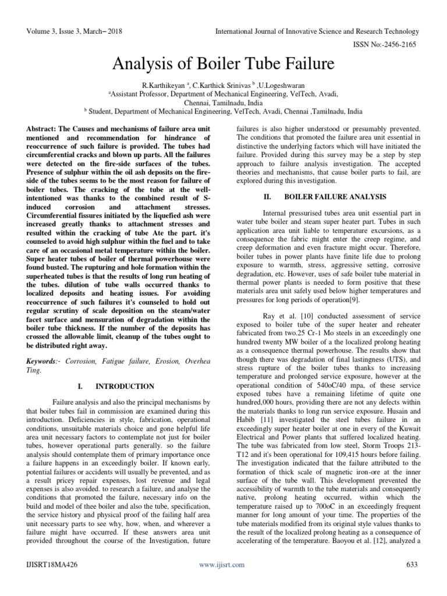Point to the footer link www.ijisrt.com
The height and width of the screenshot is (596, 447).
click(222, 565)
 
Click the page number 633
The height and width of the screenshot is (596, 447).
click(412, 565)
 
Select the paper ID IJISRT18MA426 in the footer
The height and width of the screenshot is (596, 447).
click(51, 565)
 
